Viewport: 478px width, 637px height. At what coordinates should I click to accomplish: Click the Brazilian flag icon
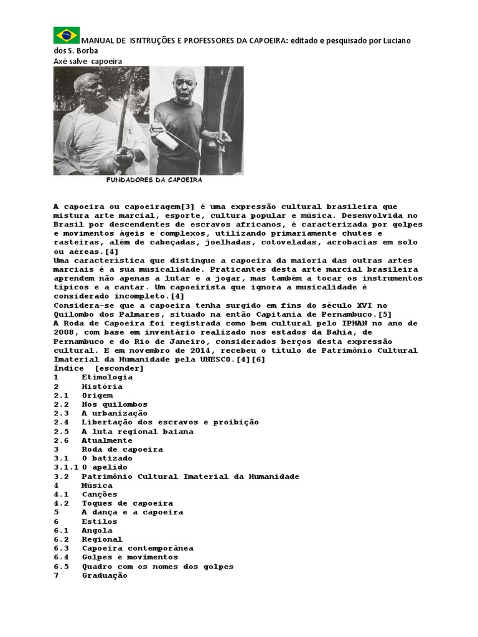point(66,35)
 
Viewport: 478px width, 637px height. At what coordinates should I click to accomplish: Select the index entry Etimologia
point(107,377)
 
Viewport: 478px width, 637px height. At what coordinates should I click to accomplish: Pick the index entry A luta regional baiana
point(137,431)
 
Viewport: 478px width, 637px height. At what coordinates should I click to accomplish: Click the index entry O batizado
point(107,458)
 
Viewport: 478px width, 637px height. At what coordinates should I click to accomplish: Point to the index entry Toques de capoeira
point(127,503)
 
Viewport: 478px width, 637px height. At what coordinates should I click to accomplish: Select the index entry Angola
point(97,531)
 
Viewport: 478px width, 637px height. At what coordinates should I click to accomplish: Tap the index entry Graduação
point(105,575)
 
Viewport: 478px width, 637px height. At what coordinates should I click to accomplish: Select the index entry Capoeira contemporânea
point(137,548)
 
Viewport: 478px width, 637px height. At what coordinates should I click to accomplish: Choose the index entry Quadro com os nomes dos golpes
point(157,566)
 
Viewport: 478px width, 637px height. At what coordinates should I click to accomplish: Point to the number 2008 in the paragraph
point(64,332)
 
